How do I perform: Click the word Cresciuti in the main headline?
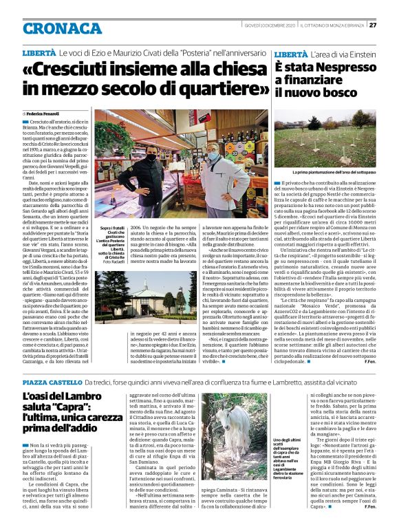(x=81, y=70)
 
